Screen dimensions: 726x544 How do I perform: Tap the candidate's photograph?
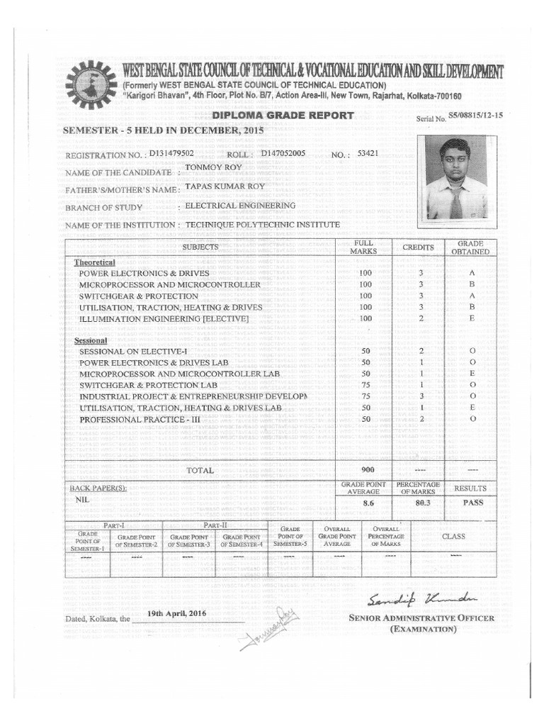pos(456,179)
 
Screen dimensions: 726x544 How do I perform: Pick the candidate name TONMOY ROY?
pos(213,168)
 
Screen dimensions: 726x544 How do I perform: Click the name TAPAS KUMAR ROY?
pos(224,187)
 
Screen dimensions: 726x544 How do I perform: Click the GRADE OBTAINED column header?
pos(471,247)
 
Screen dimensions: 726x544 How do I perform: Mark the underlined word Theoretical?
pos(95,262)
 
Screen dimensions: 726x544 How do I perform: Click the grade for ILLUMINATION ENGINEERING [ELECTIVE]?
pos(472,318)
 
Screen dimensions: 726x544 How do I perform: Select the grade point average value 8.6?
pos(368,503)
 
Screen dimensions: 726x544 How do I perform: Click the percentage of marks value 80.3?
pos(421,502)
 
